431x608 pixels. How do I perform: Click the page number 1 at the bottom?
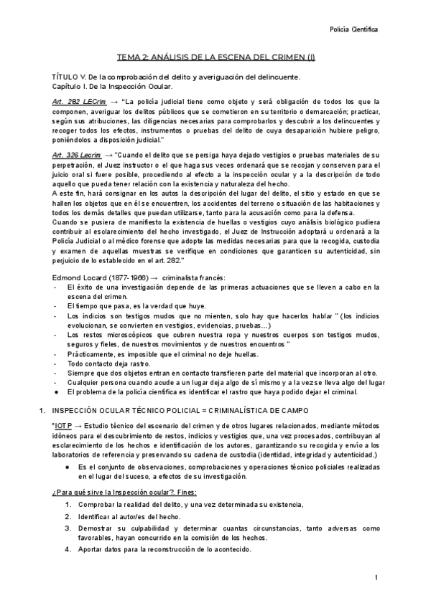tap(376, 578)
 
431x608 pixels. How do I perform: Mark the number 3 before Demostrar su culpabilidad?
tap(67, 528)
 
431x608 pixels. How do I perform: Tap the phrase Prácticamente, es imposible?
tap(108, 353)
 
